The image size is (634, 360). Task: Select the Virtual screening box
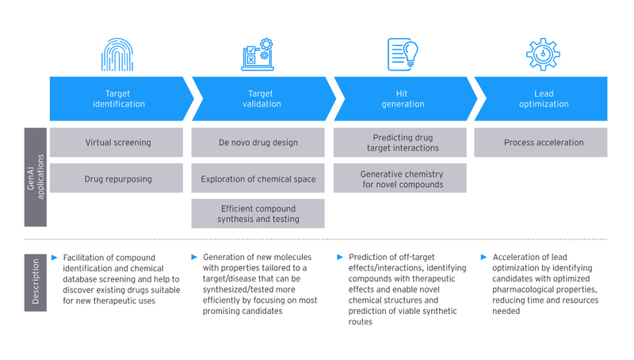click(x=117, y=143)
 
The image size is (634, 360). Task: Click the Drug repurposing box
click(x=117, y=178)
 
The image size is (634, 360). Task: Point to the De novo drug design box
click(x=258, y=143)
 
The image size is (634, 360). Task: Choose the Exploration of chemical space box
click(x=258, y=178)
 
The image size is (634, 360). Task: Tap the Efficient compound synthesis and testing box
click(x=258, y=213)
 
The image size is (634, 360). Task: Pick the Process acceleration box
click(x=543, y=143)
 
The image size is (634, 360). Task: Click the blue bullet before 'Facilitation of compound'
click(x=54, y=258)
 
